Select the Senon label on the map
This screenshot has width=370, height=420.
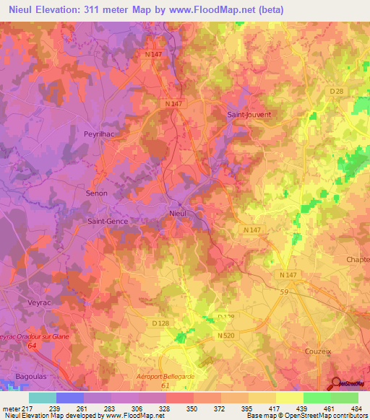[96, 193]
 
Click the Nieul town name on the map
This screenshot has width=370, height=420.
[178, 214]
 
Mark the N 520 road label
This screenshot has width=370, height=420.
[228, 336]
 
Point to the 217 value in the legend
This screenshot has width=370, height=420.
[28, 408]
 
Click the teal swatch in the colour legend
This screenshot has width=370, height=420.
[42, 398]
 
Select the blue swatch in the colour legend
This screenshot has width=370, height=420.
[69, 398]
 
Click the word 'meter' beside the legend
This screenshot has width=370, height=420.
[10, 408]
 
